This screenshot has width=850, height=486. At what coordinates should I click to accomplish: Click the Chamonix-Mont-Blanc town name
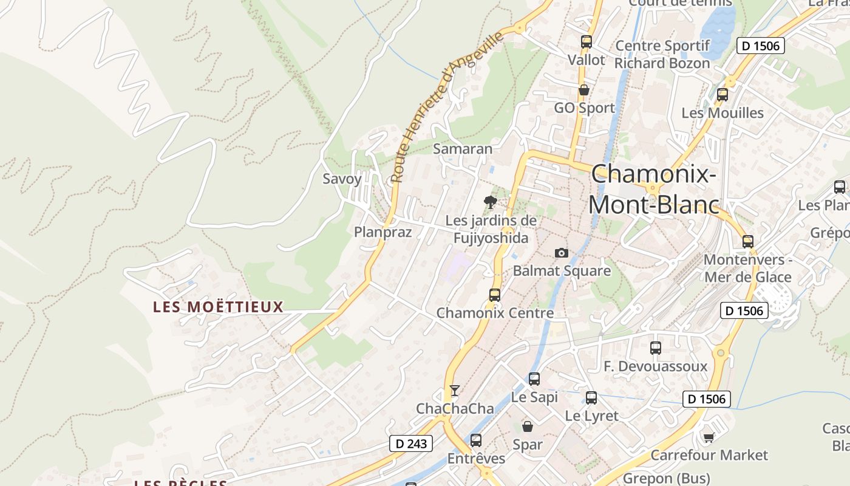click(653, 190)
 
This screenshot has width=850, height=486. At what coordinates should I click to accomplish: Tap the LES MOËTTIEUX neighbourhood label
click(219, 307)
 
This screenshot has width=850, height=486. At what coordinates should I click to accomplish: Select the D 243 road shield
click(411, 443)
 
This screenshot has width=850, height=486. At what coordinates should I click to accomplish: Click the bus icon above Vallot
click(586, 42)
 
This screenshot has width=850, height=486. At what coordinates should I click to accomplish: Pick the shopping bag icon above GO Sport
click(583, 90)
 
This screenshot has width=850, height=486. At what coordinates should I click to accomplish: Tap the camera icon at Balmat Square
click(562, 253)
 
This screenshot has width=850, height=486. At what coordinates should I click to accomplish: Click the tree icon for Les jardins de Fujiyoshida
click(491, 202)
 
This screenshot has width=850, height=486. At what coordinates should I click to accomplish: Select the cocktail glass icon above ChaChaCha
click(455, 390)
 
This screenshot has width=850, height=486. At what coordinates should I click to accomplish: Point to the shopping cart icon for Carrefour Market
click(709, 437)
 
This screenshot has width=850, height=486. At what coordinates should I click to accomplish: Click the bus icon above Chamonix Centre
click(495, 295)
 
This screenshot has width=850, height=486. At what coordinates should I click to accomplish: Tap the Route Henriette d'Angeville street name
click(447, 107)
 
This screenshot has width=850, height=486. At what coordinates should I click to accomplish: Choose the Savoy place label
click(342, 179)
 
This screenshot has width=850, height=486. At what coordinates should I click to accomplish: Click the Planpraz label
click(382, 232)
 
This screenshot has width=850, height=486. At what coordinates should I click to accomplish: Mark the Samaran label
click(463, 148)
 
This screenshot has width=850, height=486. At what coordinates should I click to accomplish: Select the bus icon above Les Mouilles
click(722, 95)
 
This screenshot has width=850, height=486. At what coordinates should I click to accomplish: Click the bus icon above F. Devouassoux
click(656, 348)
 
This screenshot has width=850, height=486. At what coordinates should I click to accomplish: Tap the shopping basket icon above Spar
click(527, 426)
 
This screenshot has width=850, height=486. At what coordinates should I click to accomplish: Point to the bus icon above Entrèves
click(476, 440)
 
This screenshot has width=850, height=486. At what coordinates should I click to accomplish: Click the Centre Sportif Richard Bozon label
click(662, 55)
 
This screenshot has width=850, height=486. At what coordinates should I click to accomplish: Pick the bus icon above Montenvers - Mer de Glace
click(748, 242)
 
